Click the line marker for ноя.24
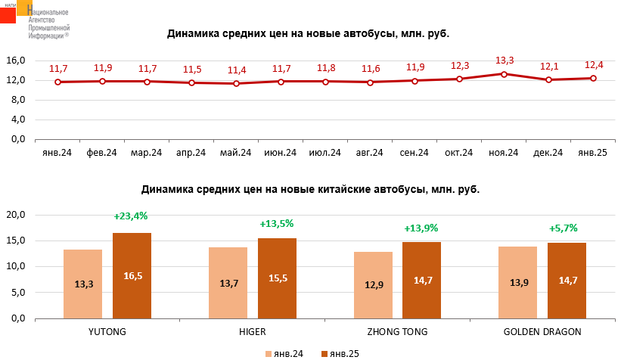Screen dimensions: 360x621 coord(504,74)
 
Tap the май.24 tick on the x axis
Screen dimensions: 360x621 coord(236,153)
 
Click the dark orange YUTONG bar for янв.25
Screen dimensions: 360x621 coord(132,275)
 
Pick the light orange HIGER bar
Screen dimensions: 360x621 coord(228,282)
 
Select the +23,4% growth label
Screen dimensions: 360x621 coord(132,216)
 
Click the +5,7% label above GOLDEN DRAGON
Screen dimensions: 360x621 coord(564,228)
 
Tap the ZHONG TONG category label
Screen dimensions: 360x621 coord(397,332)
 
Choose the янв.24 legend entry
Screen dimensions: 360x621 coord(284,353)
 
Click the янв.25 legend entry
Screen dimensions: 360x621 coord(340,353)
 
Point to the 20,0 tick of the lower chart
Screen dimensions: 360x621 coord(17,215)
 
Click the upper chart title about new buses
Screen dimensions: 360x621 coord(309,34)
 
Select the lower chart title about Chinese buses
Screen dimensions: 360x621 coord(310,189)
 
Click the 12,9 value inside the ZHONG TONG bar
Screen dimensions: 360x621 coord(374,284)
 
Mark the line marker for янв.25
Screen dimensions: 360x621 coord(593,78)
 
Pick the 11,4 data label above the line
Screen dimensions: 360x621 coord(237,70)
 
